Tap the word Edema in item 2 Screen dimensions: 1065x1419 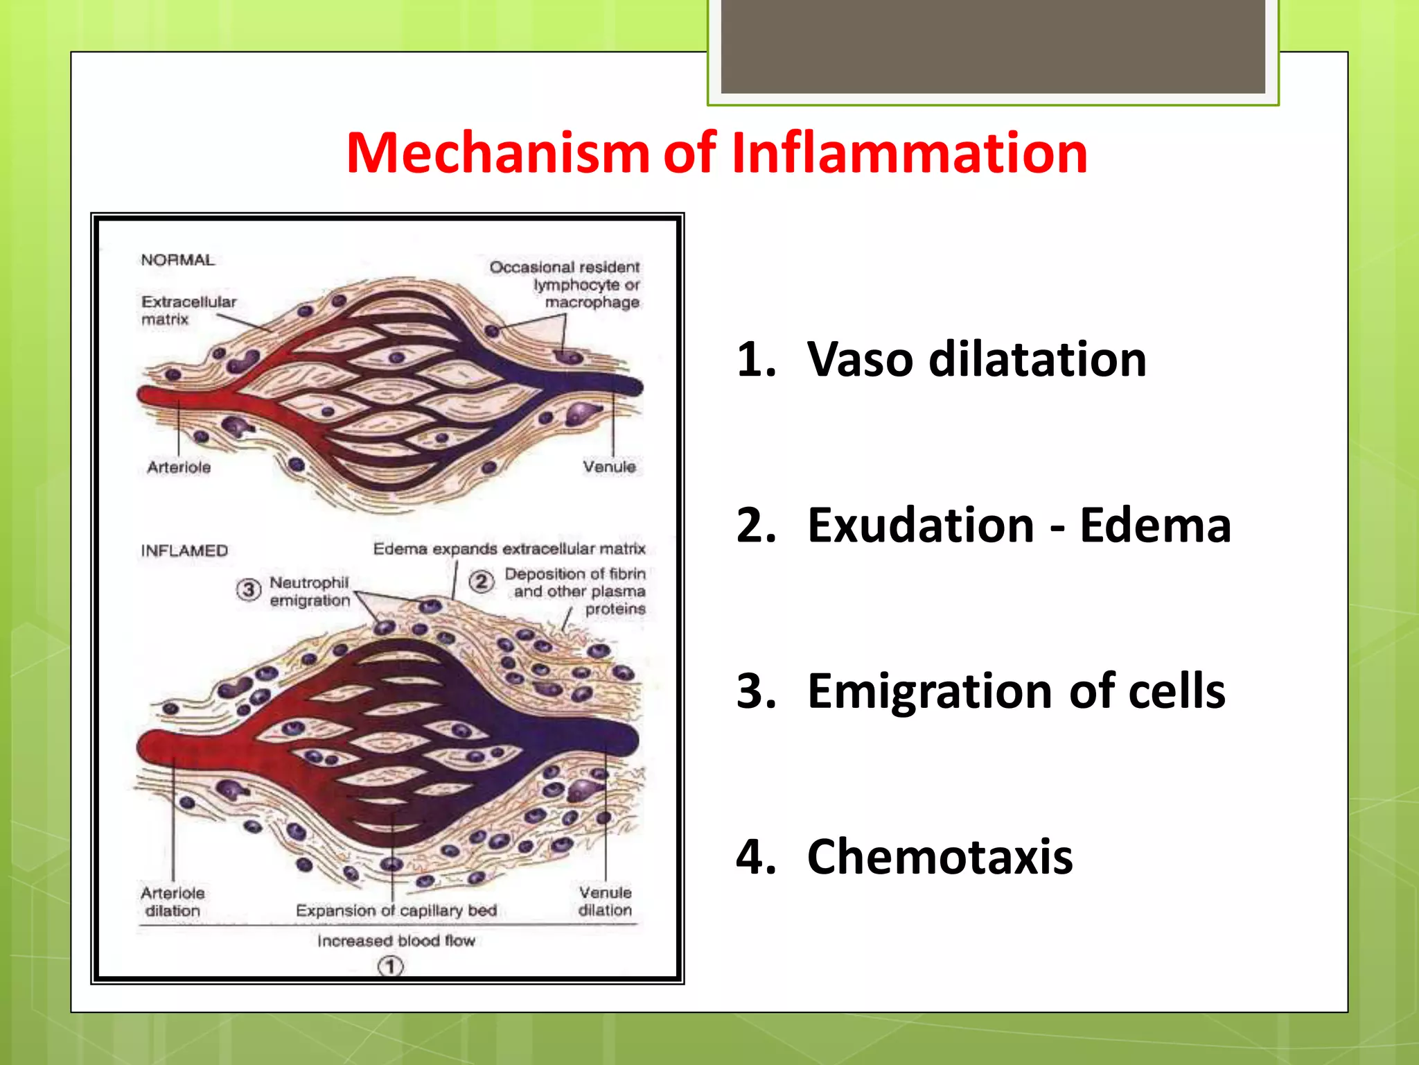pos(1155,525)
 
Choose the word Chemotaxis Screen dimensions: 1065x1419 pos(940,856)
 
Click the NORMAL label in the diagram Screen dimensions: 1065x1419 pos(177,260)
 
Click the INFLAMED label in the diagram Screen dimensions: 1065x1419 pos(184,551)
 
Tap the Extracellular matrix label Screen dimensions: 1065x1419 pos(188,310)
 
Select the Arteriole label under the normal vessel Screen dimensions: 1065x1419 pos(179,467)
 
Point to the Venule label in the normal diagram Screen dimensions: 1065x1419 pos(609,467)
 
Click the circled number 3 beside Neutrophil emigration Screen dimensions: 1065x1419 pos(248,589)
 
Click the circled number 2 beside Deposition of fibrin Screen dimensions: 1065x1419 pos(481,581)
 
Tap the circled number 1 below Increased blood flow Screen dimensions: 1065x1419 pos(391,966)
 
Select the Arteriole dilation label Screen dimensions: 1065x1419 pos(173,901)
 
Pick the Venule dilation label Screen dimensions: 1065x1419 pos(605,901)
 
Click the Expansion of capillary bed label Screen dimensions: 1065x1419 pos(396,910)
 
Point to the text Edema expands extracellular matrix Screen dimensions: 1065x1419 pos(509,549)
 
